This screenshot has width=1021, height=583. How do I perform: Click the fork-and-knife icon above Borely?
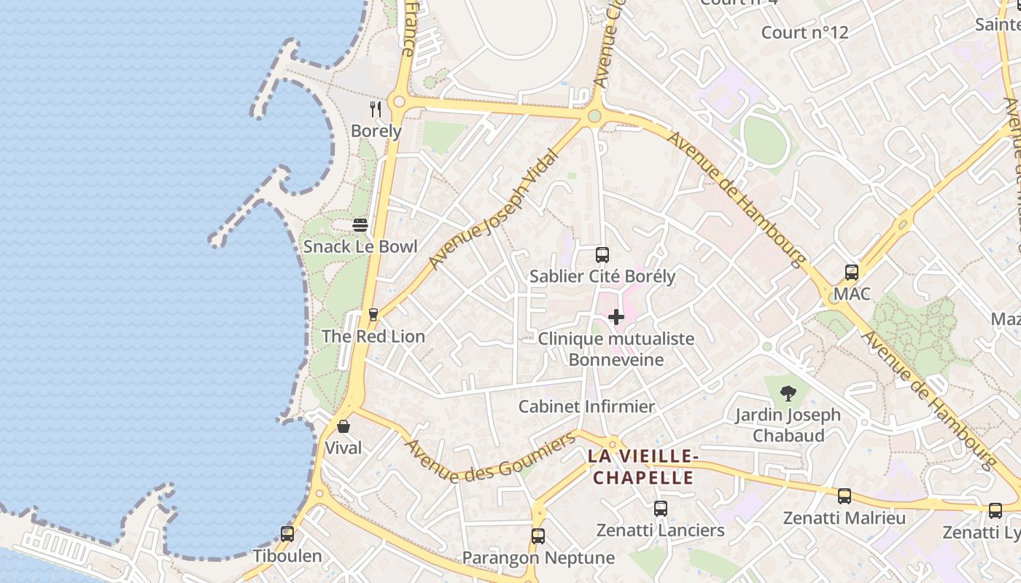(x=376, y=109)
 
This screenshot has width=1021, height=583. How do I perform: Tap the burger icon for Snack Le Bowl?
(x=360, y=225)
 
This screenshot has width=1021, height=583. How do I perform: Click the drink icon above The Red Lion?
(x=373, y=315)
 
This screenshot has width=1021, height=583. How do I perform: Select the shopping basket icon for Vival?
(x=343, y=426)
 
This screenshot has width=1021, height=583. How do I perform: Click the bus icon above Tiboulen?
(x=287, y=534)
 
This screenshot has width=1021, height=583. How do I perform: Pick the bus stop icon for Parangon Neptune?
(x=538, y=536)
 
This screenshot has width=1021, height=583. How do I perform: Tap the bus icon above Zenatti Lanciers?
(x=661, y=509)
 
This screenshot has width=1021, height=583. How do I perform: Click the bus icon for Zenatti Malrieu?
(x=845, y=496)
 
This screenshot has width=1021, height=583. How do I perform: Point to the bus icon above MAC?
(x=852, y=273)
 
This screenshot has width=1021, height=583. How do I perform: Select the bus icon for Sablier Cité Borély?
(x=602, y=255)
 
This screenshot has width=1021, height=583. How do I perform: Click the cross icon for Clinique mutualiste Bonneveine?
(x=616, y=317)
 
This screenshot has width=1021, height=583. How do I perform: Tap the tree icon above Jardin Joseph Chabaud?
(x=788, y=394)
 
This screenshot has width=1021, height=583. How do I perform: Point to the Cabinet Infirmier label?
(x=586, y=407)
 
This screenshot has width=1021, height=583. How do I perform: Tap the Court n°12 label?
(x=804, y=33)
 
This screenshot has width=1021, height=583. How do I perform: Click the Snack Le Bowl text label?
(x=360, y=246)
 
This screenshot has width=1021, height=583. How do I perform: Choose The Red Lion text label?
(x=373, y=337)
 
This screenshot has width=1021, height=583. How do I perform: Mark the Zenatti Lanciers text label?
(x=661, y=531)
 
